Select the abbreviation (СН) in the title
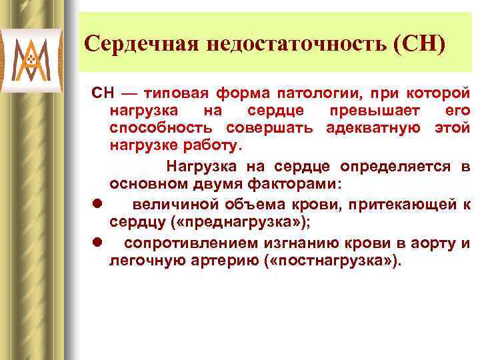coord(421,45)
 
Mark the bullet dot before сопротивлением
coord(97,243)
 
